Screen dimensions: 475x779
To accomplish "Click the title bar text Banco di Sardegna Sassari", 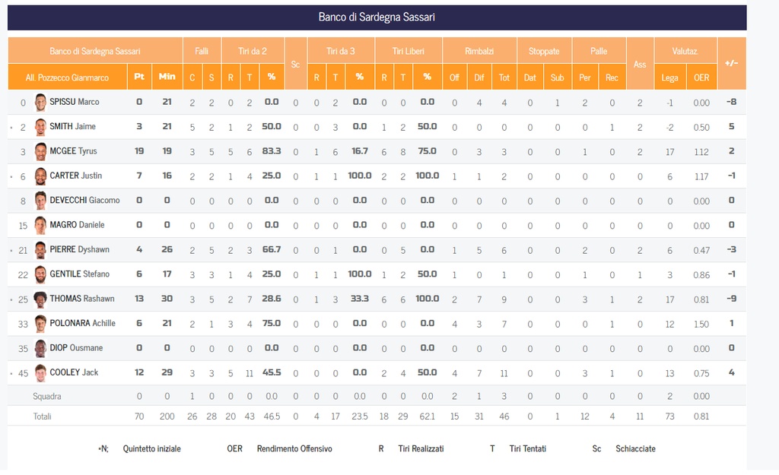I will tap(377, 17).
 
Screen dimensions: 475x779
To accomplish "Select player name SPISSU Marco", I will tap(75, 102).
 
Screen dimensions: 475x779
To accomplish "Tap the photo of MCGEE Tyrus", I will tap(40, 151).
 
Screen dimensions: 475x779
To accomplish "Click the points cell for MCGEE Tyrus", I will tap(139, 151).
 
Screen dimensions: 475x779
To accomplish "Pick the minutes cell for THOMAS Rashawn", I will tap(167, 299).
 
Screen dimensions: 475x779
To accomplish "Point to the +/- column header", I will tap(731, 63).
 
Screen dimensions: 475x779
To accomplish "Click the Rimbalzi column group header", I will tap(479, 51).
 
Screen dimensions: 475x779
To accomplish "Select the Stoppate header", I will tap(544, 51).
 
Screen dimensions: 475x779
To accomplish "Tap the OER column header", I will tap(701, 77).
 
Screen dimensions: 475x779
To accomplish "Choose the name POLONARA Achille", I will tap(82, 323).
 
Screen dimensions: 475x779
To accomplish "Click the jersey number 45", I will tap(23, 372).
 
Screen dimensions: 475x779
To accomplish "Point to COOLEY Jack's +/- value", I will tap(731, 372).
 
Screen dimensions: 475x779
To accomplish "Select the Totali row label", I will tap(43, 416).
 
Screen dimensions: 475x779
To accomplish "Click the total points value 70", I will tap(139, 416).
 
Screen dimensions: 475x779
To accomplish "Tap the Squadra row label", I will tap(46, 396).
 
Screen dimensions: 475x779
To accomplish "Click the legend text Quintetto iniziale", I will tap(152, 448).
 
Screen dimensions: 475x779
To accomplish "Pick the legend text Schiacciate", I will tap(635, 448).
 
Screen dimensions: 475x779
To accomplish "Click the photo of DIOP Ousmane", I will tap(40, 348).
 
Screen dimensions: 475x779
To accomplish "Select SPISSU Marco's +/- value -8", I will tap(731, 102).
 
